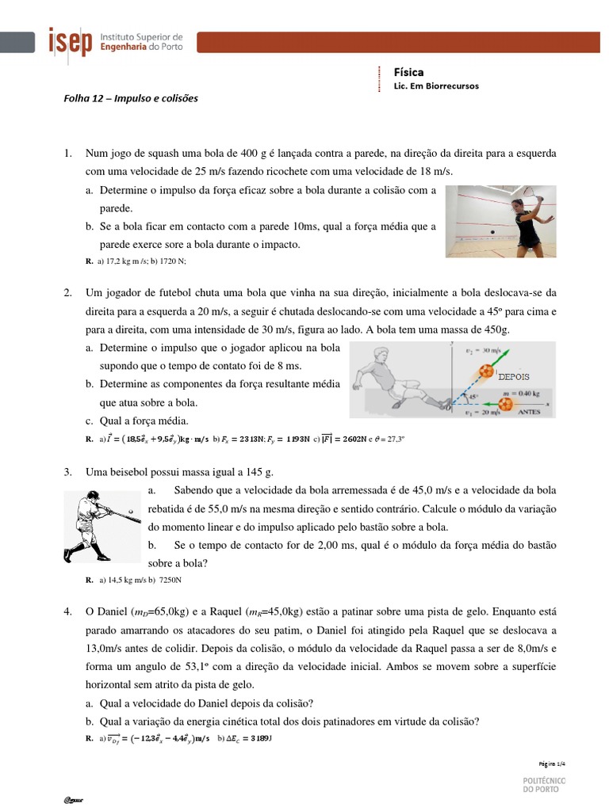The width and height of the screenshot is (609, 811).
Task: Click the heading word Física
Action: (x=408, y=72)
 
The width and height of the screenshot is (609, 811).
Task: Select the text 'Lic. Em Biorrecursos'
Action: (x=436, y=86)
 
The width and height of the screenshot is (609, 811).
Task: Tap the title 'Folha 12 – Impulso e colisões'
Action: (x=130, y=99)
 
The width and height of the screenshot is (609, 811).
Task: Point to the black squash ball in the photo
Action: (x=493, y=231)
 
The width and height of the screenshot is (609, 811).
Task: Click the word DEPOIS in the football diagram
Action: (x=513, y=376)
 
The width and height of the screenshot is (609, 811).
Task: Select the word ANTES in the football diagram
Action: (x=529, y=412)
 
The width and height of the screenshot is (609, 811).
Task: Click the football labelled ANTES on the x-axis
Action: (x=503, y=404)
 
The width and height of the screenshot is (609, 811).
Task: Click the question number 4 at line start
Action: (x=68, y=612)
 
